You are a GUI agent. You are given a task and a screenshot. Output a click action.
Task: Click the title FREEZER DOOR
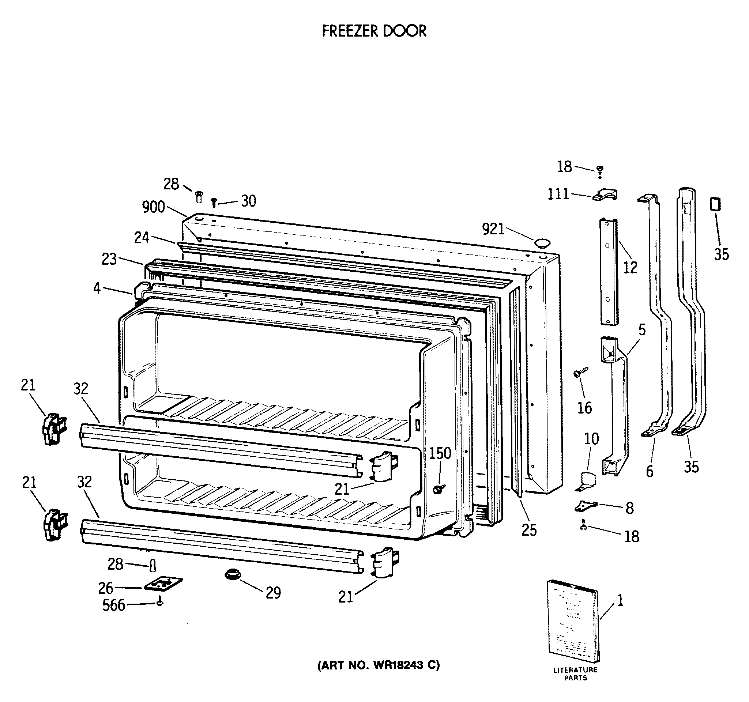tap(374, 31)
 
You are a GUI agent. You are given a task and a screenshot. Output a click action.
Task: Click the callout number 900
tap(153, 207)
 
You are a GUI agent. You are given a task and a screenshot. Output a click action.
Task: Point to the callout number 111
tap(558, 195)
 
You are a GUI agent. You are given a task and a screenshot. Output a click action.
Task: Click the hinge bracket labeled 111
tap(605, 195)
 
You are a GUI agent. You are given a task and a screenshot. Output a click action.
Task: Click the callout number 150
tap(440, 453)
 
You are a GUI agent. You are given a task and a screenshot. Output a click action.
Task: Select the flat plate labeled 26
tap(163, 584)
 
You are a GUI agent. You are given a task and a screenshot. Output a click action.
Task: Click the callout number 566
tap(113, 605)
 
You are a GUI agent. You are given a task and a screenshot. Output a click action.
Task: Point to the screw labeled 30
tap(214, 203)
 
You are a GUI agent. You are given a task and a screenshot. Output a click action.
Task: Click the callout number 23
tap(109, 259)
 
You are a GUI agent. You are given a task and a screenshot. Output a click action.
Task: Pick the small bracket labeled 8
tap(586, 506)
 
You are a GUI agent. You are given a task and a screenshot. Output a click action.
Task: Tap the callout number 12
tap(630, 267)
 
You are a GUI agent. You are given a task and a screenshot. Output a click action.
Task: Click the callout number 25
tap(529, 530)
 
